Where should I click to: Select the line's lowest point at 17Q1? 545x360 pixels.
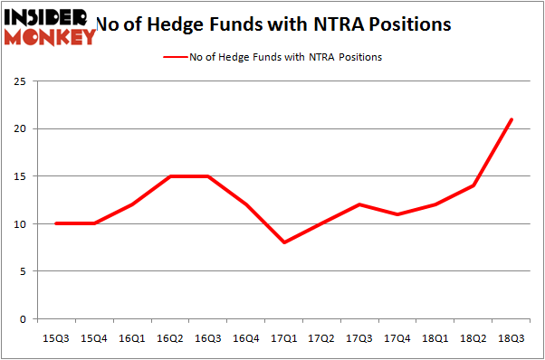pos(284,242)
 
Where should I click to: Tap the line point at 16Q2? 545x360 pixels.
pos(170,176)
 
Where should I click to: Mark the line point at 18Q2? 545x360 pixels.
pos(473,185)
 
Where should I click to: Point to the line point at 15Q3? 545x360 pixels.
pos(56,223)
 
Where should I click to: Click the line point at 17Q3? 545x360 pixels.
pos(360,204)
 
